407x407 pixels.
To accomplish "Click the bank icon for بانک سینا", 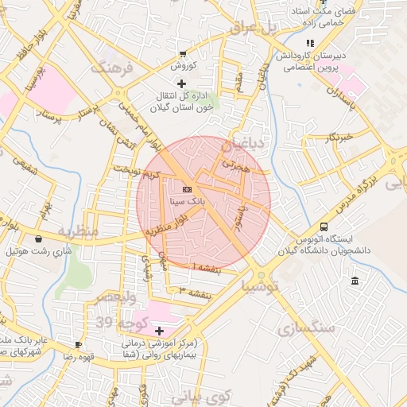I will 187,189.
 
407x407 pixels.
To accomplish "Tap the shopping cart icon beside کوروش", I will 184,54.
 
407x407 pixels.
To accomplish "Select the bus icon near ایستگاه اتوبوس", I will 323,227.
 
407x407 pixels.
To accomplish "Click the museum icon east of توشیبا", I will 354,281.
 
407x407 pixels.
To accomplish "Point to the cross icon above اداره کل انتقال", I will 182,83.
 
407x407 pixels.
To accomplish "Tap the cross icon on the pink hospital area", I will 159,330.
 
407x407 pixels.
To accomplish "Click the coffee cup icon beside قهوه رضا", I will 78,344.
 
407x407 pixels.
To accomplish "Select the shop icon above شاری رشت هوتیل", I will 38,238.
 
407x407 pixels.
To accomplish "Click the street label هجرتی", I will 236,166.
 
